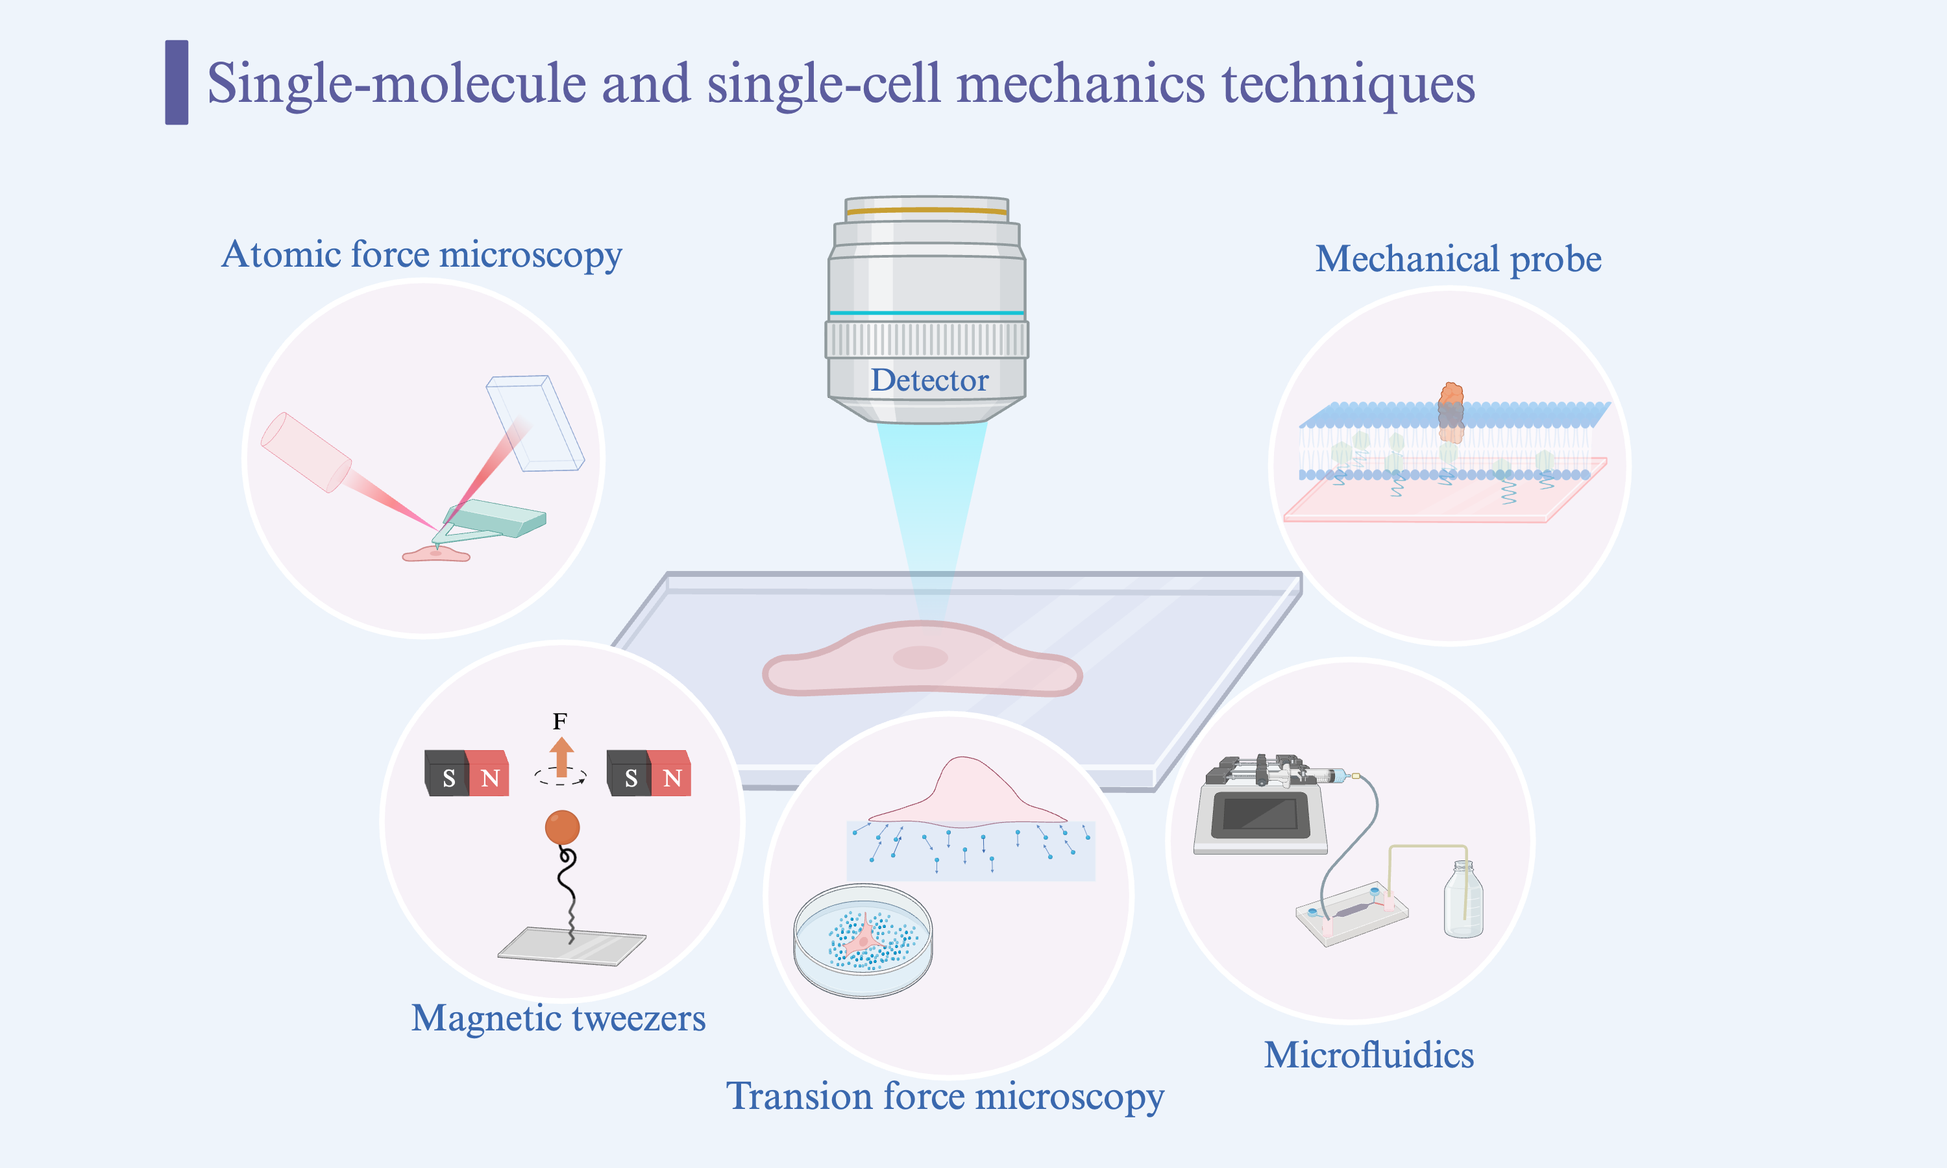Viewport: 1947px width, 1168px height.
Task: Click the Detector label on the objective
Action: pos(929,381)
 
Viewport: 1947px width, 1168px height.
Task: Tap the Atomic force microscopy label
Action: pos(422,255)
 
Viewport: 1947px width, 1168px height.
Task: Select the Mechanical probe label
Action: pos(1458,259)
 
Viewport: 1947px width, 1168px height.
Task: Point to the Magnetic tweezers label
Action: pos(558,1017)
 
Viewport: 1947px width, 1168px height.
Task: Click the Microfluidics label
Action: pos(1369,1054)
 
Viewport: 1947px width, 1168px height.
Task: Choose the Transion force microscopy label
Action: pos(944,1095)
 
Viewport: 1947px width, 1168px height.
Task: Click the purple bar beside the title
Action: pos(177,82)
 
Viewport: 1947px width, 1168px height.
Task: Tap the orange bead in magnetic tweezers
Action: pos(562,827)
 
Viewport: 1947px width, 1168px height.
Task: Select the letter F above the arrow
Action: pos(559,721)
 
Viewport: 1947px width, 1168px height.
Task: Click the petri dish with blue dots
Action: pos(863,940)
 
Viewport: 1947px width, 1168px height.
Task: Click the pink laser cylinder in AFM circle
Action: pos(305,452)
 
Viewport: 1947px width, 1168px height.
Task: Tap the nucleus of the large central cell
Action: pos(920,657)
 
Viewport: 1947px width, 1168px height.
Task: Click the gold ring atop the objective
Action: pos(926,211)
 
